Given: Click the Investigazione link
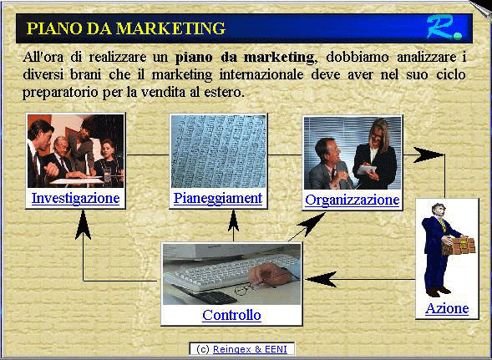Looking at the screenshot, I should click(75, 199).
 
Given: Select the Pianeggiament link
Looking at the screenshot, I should click(218, 198).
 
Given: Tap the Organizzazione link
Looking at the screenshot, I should click(352, 200).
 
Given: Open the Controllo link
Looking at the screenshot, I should click(231, 315).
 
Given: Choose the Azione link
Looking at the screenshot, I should click(447, 308).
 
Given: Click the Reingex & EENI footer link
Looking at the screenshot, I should click(250, 349).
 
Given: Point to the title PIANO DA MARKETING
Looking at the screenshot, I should click(126, 28).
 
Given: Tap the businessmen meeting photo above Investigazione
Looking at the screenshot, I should click(75, 151).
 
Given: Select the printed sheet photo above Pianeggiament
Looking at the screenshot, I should click(218, 151).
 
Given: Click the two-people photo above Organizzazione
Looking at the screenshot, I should click(352, 153).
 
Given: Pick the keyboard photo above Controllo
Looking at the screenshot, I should click(231, 276).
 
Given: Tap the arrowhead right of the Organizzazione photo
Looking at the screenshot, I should click(428, 155).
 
